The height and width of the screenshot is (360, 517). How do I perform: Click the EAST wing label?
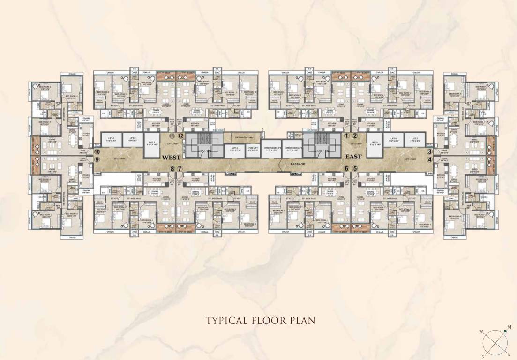pyautogui.click(x=353, y=157)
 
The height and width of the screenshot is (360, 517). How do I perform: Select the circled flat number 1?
pyautogui.click(x=347, y=135)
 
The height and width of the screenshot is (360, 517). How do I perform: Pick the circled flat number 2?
pyautogui.click(x=355, y=135)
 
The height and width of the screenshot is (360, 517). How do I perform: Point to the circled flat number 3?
pyautogui.click(x=429, y=151)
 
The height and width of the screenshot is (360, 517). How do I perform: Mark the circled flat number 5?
pyautogui.click(x=355, y=169)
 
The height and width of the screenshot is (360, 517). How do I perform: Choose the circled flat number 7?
pyautogui.click(x=179, y=169)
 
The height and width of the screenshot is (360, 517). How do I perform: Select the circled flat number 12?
pyautogui.click(x=180, y=136)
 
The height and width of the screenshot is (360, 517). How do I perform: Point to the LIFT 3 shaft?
pyautogui.click(x=150, y=143)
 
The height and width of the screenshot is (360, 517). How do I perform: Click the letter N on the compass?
pyautogui.click(x=509, y=327)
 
